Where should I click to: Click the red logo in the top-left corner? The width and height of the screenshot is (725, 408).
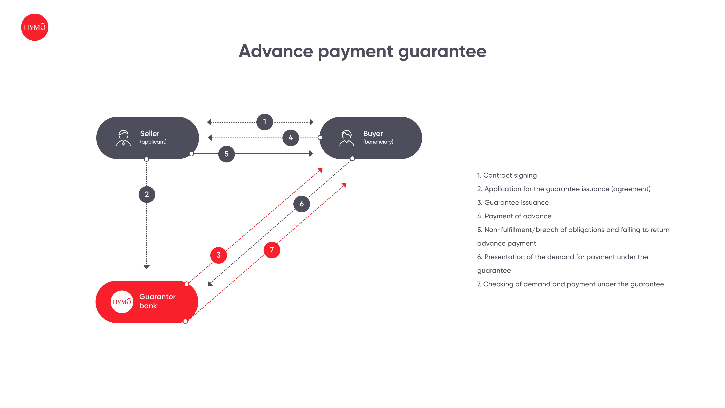point(35,27)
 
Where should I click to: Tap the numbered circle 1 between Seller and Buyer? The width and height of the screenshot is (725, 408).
point(265,122)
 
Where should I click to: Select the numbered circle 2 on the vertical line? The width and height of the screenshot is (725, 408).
point(147,194)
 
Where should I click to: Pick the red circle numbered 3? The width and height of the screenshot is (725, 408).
point(219,255)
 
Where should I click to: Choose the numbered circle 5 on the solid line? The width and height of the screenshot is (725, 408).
point(227,154)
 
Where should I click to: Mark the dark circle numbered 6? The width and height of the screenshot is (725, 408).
point(302,204)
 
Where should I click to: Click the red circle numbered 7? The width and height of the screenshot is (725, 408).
point(272,250)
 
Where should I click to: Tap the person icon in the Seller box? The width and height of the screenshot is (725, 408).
point(123,138)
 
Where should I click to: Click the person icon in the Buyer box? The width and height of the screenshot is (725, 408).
point(346,138)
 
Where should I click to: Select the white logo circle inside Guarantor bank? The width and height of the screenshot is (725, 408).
point(122,302)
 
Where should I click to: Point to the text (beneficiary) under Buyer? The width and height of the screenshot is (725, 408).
point(378,142)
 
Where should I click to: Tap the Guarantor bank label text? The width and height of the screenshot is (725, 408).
point(157,301)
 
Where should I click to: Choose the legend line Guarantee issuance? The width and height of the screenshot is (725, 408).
point(513,202)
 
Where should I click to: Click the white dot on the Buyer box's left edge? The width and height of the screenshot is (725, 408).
point(320,138)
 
